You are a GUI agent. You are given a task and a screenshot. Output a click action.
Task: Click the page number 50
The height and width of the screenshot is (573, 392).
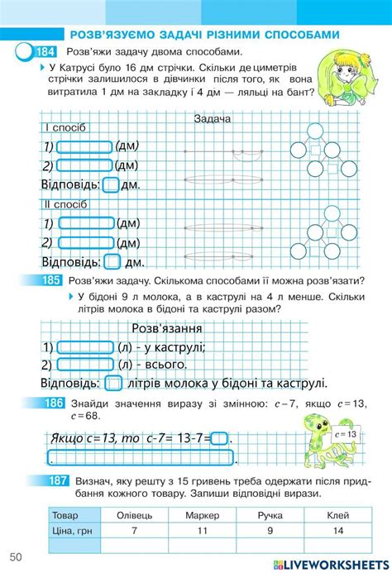(17, 555)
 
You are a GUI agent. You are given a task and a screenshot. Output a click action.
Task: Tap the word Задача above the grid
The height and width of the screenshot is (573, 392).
(213, 117)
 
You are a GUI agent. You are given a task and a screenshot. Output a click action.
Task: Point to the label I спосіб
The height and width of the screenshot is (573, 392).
(65, 128)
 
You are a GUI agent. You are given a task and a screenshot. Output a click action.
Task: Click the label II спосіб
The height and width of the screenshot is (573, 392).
(65, 203)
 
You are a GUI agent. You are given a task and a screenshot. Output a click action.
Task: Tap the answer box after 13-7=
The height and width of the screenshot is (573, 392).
(220, 439)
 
